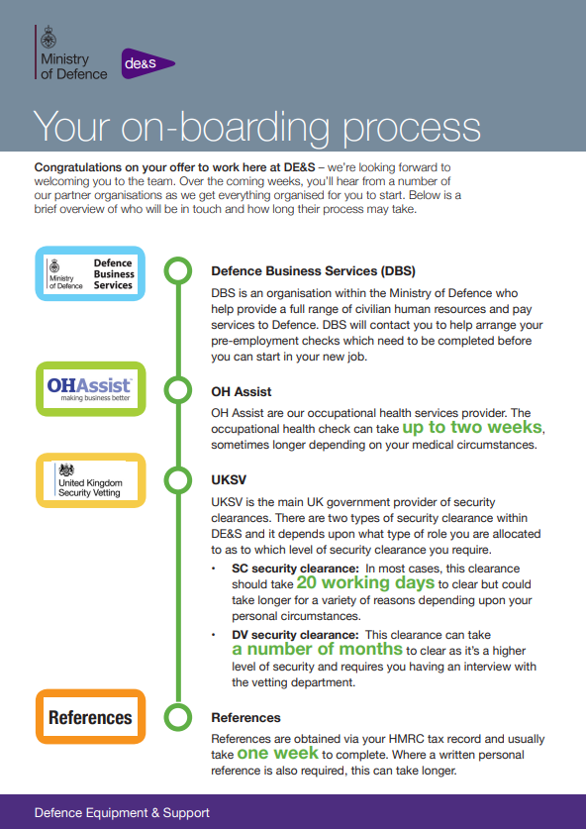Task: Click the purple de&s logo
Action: point(147,64)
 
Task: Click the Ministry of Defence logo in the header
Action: point(72,52)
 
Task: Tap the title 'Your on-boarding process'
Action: point(256,127)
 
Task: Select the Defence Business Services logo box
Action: point(90,274)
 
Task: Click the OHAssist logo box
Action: point(90,388)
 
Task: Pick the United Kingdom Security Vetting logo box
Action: point(90,480)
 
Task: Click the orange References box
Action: point(90,717)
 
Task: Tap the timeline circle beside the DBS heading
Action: point(178,270)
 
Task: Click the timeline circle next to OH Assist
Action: point(178,390)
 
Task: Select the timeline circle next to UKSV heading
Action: point(178,480)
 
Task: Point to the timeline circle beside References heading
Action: point(178,717)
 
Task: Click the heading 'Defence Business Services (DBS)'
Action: point(314,271)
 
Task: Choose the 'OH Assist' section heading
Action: point(241,392)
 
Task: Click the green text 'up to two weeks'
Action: point(472,427)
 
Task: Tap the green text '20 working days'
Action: point(365,582)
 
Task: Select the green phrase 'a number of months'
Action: point(317,649)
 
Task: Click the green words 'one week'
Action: point(278,753)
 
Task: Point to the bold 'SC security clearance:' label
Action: point(295,569)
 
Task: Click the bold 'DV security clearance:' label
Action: point(295,635)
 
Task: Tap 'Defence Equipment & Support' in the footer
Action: point(122,812)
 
